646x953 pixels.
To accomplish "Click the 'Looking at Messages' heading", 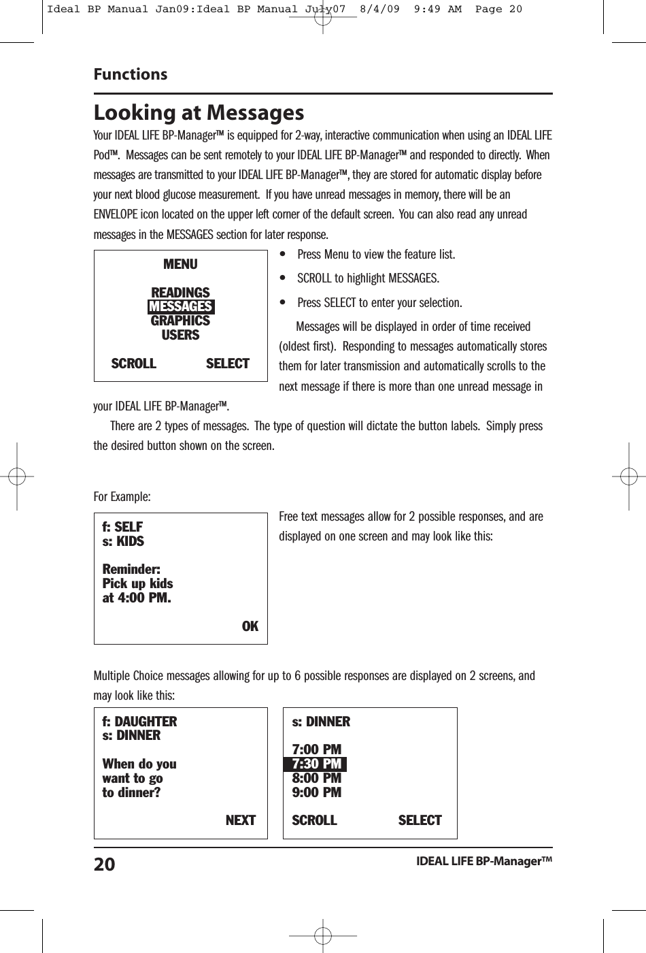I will coord(199,112).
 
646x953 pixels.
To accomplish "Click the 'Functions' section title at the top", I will coord(131,74).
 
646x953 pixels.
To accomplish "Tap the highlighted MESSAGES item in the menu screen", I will coord(181,306).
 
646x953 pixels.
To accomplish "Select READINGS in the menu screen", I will coord(180,293).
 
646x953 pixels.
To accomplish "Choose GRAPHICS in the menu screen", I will coord(180,321).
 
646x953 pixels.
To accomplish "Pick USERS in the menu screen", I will coord(180,335).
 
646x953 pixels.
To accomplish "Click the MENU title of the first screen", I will coord(180,264).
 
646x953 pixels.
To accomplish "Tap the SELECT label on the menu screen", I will coord(227,364).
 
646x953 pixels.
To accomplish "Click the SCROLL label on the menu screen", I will coord(133,364).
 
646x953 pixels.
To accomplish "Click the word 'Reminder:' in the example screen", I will coord(131,569).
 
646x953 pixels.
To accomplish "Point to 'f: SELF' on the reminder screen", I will coord(122,527).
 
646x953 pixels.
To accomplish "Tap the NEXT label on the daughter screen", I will coord(240,820).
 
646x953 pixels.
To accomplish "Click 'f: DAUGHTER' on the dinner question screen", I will coord(139,722).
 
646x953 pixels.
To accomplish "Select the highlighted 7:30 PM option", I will coord(316,764).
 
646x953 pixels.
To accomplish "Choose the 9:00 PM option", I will coord(316,792).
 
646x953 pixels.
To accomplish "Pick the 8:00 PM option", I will coord(316,778).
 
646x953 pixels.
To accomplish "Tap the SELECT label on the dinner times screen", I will coord(420,820).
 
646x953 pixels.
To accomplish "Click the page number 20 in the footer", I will coord(105,865).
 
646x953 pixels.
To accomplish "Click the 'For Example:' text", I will coord(122,496).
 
